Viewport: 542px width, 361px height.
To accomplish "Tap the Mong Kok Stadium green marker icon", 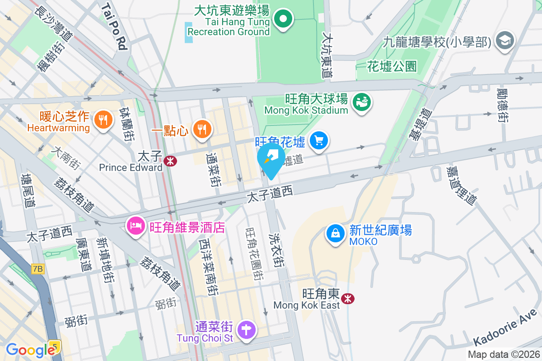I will pos(362,102).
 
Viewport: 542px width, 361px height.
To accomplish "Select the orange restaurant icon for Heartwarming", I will pos(103,120).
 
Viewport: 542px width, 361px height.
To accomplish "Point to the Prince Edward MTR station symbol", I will pos(170,161).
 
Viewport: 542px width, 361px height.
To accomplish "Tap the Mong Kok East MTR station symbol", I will pos(348,298).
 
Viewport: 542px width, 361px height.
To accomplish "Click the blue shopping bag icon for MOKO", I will pos(336,234).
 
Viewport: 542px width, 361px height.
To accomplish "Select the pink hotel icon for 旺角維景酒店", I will pos(135,225).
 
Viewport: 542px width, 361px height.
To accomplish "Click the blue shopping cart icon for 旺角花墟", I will pos(320,141).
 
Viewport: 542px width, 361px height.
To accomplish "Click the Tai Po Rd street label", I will pos(114,26).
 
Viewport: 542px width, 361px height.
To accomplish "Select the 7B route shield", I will pos(38,269).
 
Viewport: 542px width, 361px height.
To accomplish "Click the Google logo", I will pos(30,350).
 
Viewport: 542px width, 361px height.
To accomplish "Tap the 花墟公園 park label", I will pos(392,67).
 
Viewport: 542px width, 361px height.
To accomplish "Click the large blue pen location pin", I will pos(271,160).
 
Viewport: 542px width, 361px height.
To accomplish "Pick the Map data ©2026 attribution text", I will pos(503,355).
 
